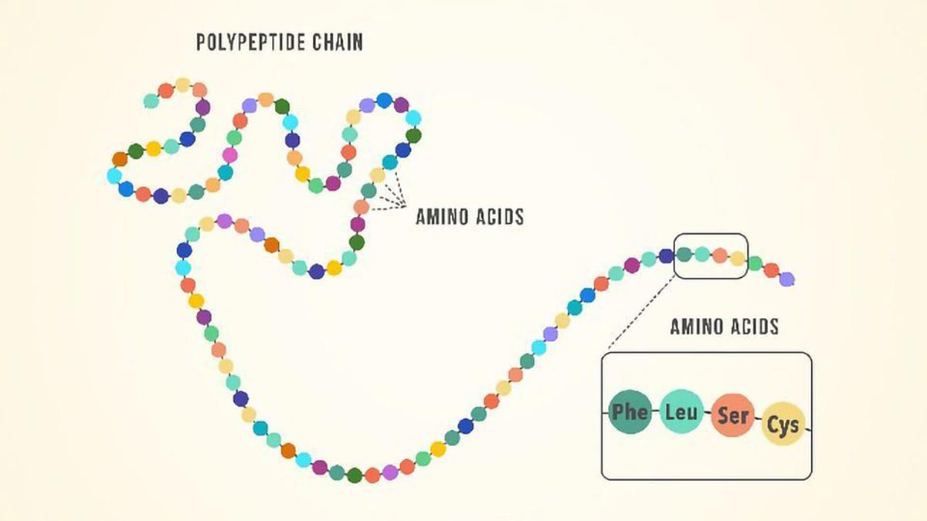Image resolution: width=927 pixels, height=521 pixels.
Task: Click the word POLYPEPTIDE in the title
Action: click(245, 42)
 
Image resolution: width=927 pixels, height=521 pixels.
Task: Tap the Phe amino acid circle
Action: click(629, 412)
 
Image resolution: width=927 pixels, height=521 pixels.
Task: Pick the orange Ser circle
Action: click(732, 416)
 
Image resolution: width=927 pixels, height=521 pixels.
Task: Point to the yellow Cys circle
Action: click(783, 424)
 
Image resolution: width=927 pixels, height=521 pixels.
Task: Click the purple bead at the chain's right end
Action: click(787, 279)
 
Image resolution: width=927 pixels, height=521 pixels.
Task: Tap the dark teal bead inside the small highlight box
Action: click(684, 253)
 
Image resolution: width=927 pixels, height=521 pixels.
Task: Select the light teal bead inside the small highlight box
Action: click(701, 253)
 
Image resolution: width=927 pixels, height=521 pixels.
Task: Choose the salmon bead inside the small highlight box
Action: click(720, 255)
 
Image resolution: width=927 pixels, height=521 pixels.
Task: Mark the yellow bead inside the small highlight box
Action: click(738, 259)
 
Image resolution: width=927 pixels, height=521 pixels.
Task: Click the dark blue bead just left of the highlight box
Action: click(666, 255)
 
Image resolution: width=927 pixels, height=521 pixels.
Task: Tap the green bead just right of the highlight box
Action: click(755, 264)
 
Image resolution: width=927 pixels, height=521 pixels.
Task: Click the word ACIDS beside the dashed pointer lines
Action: click(495, 217)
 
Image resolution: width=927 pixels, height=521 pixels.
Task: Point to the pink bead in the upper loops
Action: click(229, 154)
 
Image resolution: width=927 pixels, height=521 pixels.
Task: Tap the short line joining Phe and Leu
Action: click(656, 412)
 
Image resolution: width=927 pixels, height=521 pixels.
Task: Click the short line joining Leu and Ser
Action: click(707, 414)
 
